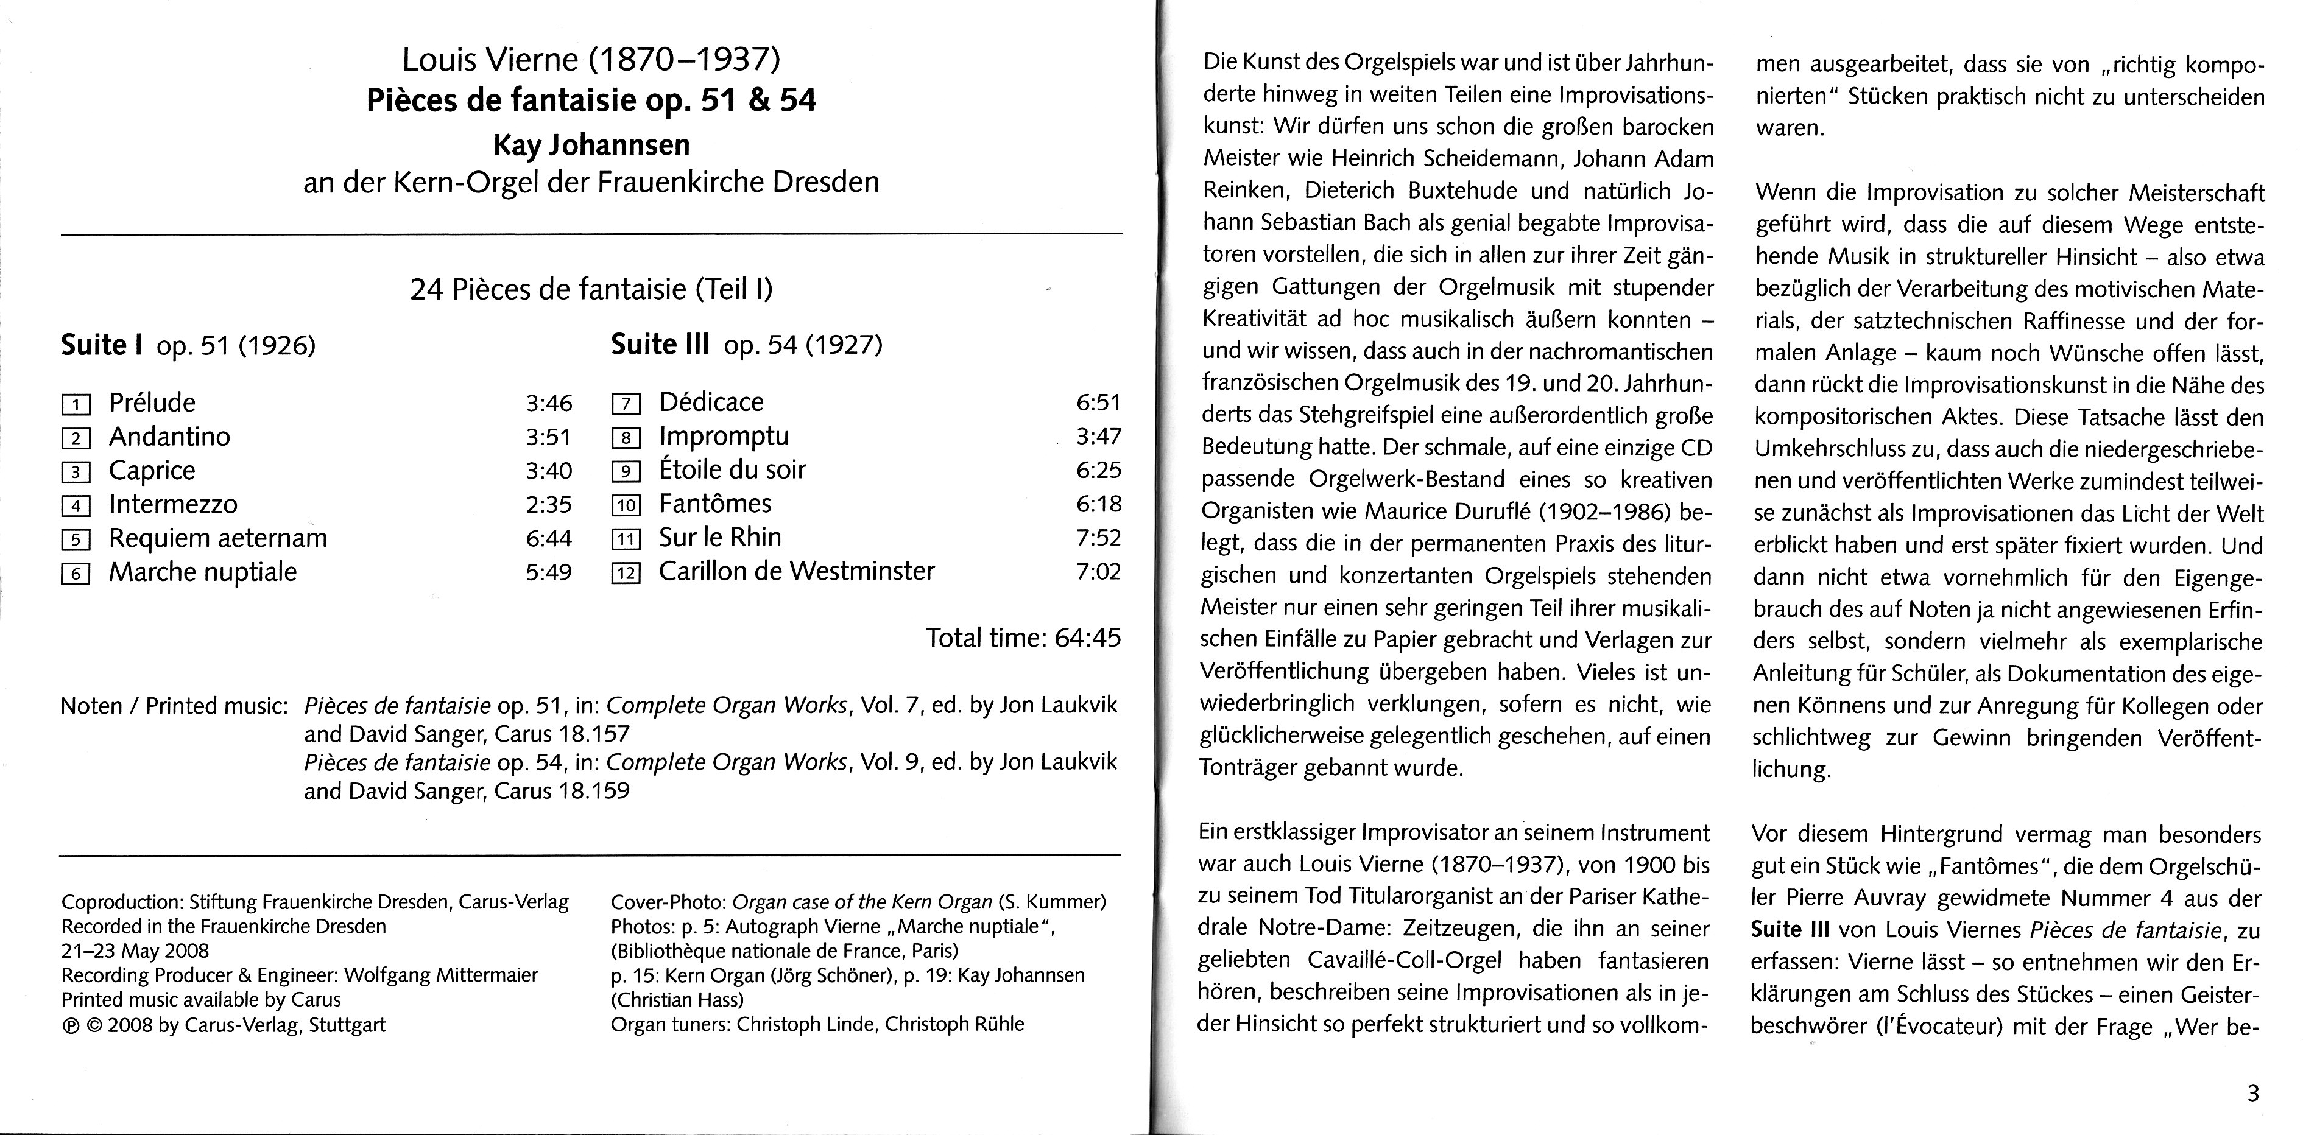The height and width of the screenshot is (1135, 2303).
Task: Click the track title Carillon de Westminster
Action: [x=797, y=571]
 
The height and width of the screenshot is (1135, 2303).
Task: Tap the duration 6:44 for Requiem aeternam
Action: [x=548, y=538]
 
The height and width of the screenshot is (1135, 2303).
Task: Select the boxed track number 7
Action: [x=626, y=404]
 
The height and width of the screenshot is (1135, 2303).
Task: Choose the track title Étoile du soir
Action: [x=732, y=470]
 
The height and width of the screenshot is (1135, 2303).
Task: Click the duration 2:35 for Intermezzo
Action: [x=548, y=505]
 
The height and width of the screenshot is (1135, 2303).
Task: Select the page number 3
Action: [x=2252, y=1093]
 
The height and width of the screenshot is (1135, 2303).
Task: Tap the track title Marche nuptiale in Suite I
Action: [x=203, y=572]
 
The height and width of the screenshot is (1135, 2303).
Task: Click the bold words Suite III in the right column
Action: [x=1790, y=930]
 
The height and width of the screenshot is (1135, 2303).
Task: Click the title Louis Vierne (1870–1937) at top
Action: [x=591, y=60]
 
